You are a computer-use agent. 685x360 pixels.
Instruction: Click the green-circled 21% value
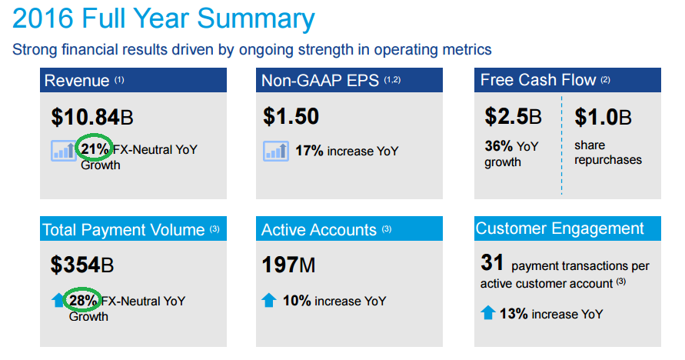(x=95, y=149)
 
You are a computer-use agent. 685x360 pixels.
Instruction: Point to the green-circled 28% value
(x=84, y=301)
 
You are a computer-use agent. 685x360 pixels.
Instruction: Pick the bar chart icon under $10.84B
(x=63, y=150)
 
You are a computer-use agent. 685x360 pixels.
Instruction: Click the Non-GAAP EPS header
(x=349, y=80)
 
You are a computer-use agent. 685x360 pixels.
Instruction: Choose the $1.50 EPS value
(x=291, y=117)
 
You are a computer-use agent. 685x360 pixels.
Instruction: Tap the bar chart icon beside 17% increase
(x=275, y=151)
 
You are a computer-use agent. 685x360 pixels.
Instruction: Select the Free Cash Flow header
(x=567, y=80)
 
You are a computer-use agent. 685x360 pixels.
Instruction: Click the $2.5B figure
(x=513, y=117)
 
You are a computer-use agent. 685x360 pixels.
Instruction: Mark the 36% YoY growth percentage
(x=498, y=145)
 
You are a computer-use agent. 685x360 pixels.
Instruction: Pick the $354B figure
(x=82, y=265)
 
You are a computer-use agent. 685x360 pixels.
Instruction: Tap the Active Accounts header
(x=349, y=229)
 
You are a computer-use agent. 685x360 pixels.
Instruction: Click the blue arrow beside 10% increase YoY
(x=268, y=301)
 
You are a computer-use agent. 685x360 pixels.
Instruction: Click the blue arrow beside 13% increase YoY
(x=487, y=313)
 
